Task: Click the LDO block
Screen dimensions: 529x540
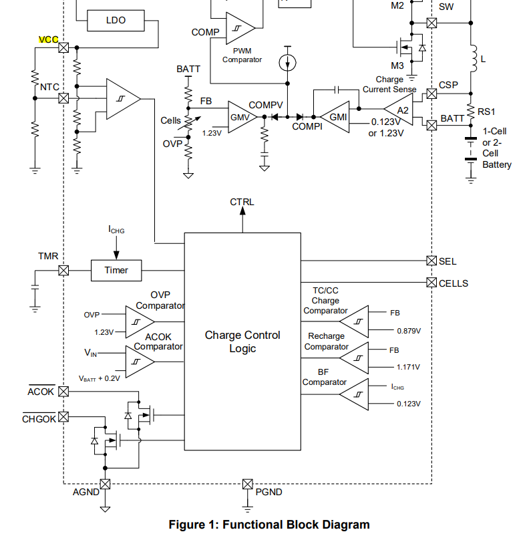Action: (x=116, y=21)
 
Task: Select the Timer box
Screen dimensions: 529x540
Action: (x=116, y=271)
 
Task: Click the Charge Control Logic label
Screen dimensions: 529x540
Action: (x=242, y=342)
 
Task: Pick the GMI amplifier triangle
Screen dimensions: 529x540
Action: (x=335, y=117)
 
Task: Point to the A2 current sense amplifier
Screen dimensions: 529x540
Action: (x=399, y=110)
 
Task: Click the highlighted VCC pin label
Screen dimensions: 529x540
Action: (x=49, y=39)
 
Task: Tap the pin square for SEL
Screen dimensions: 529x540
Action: (x=431, y=261)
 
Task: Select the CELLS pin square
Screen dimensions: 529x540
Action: (x=431, y=283)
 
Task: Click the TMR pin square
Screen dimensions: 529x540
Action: (x=63, y=271)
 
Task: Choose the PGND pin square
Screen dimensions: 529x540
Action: (x=247, y=484)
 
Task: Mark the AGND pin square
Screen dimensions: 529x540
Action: (x=105, y=484)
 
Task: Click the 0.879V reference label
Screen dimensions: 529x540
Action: (x=409, y=331)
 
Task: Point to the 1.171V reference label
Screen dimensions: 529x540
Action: (x=408, y=367)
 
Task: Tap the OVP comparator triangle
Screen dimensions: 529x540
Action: (x=140, y=321)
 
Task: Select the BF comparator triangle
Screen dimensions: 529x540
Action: (x=354, y=394)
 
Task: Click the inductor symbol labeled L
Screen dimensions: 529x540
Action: (x=474, y=59)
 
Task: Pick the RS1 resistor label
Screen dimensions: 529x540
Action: (x=486, y=112)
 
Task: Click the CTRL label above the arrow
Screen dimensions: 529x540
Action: (x=242, y=202)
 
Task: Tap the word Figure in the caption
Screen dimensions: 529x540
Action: (x=186, y=525)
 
